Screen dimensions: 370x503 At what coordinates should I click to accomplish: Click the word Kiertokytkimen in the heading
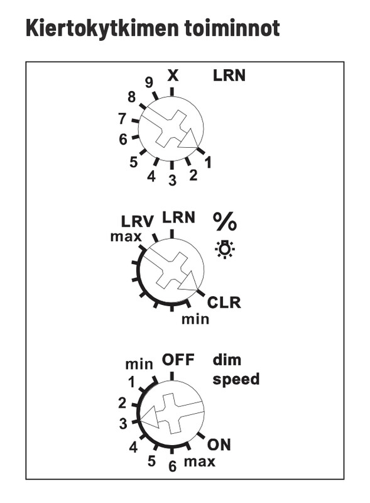tap(102, 29)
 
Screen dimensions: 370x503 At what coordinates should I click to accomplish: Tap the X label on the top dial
tap(173, 75)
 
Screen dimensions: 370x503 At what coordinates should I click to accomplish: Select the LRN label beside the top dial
tap(229, 75)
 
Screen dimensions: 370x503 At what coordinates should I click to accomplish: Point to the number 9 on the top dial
tap(149, 83)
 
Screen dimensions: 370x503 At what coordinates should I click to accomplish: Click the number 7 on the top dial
tap(122, 119)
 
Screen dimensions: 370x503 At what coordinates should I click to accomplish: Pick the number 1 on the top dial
tap(208, 162)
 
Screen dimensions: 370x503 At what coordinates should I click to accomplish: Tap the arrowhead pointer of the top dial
tap(188, 138)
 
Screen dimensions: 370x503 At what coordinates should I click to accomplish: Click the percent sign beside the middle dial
tap(225, 221)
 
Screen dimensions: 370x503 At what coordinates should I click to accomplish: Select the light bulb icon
tap(225, 249)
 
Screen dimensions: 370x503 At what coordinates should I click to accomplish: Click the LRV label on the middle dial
tap(138, 221)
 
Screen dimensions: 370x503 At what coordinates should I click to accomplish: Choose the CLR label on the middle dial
tap(224, 302)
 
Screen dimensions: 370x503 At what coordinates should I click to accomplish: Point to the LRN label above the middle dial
tap(178, 217)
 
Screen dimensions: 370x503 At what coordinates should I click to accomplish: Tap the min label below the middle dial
tap(195, 319)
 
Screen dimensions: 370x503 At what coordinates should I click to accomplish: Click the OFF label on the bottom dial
tap(178, 360)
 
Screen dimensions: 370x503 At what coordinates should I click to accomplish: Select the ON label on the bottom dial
tap(219, 445)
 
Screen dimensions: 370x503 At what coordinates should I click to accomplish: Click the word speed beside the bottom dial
tap(236, 380)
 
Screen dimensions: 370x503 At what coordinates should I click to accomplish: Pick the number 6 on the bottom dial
tap(173, 467)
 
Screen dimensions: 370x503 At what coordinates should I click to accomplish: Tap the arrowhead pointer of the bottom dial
tap(150, 417)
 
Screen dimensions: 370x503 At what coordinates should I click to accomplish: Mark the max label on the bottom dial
tap(199, 462)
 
